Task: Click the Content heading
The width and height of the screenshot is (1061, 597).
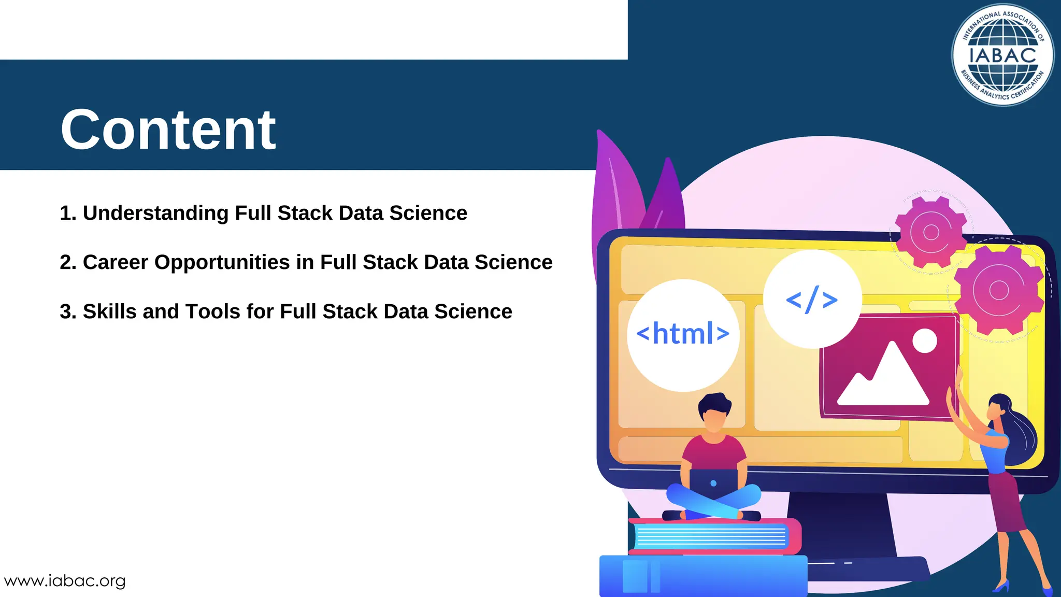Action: [168, 130]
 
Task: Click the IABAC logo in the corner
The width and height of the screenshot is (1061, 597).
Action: [1002, 55]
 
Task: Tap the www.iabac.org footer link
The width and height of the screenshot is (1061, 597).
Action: [65, 581]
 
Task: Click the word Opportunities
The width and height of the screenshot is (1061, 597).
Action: [222, 263]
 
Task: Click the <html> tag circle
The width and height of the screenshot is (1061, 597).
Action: [683, 334]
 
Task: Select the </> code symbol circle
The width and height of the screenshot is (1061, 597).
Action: [812, 299]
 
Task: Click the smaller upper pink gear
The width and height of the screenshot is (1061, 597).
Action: [931, 232]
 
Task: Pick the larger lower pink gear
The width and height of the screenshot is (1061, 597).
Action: [998, 290]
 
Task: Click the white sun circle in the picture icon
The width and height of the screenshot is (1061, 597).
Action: [924, 341]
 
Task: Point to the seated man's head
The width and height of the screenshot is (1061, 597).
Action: [713, 412]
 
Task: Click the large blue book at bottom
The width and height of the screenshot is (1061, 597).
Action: [702, 575]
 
